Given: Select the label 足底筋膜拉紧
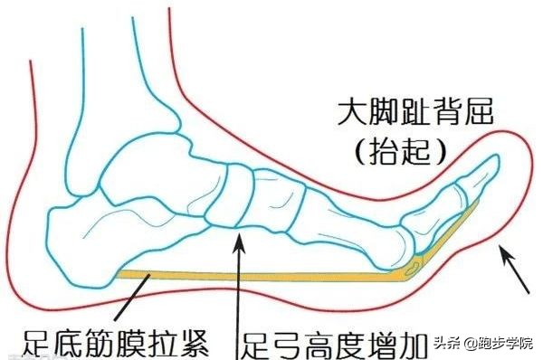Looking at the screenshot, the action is coord(110,342).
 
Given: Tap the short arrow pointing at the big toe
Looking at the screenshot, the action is coord(516,270).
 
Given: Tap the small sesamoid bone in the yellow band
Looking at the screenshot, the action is coord(413,264).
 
